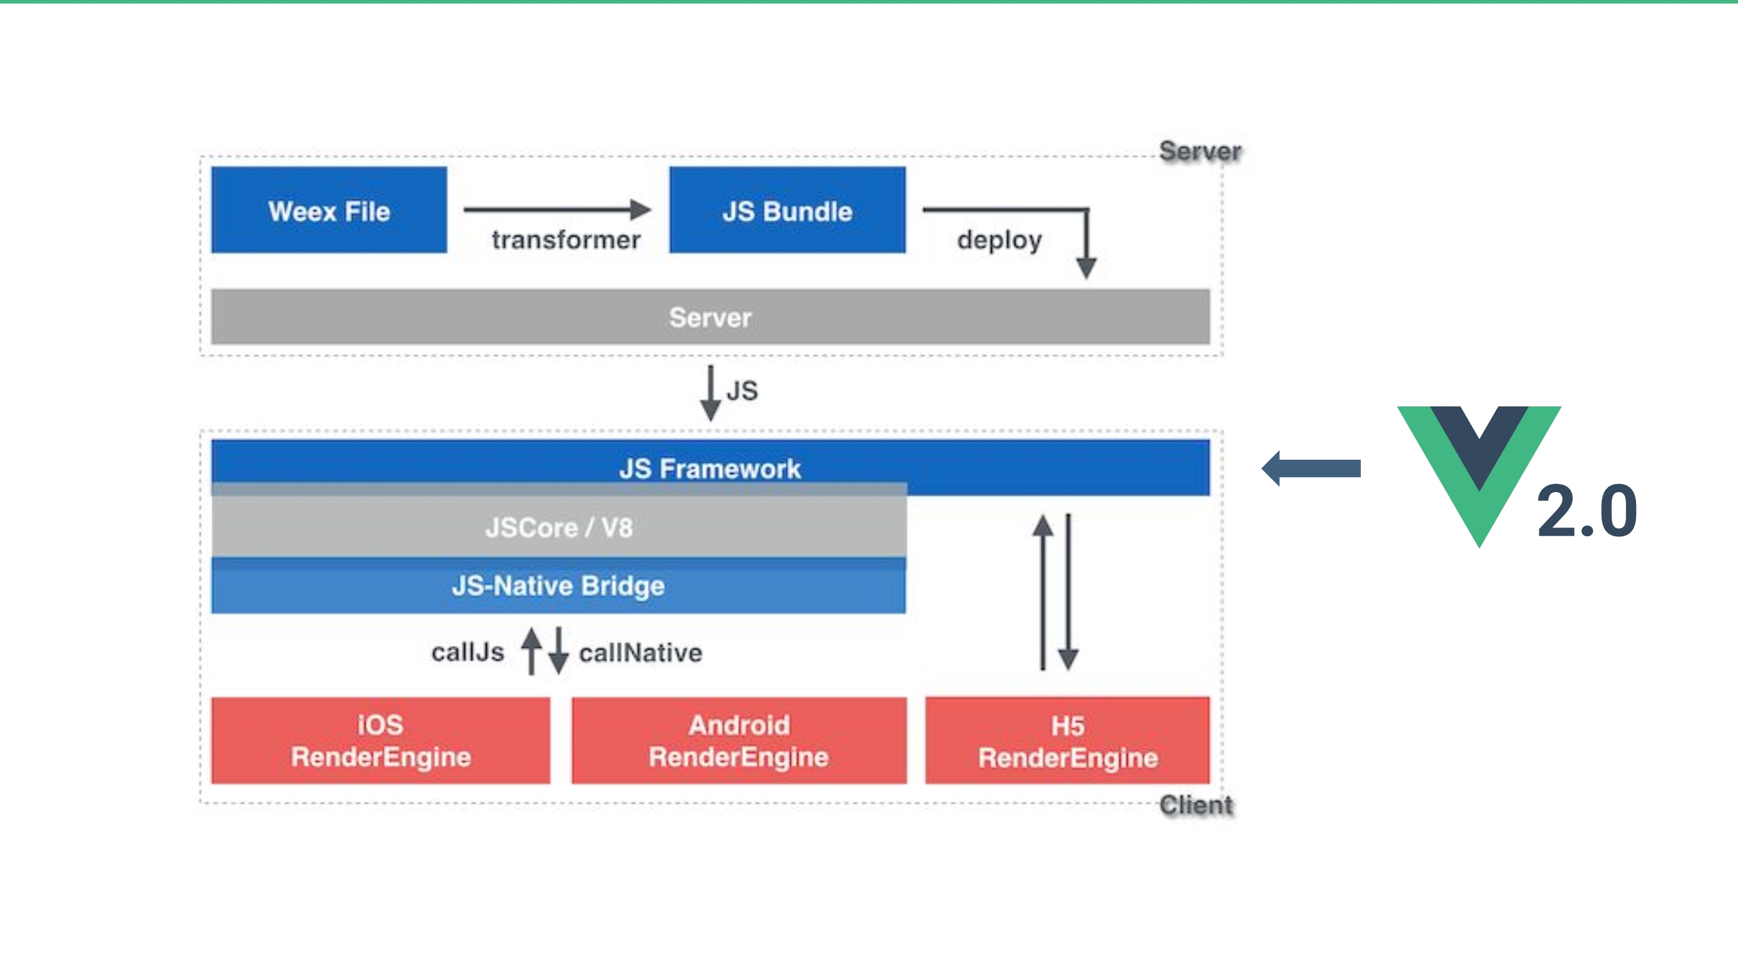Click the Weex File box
coord(328,210)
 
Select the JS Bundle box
coord(787,210)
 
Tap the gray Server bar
coord(710,317)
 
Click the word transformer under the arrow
coord(566,239)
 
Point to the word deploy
coord(999,240)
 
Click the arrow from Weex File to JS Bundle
coord(557,209)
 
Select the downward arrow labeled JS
coord(710,393)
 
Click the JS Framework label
coord(710,468)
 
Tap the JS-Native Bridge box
coord(558,585)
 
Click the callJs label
coord(468,652)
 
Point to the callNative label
coord(641,653)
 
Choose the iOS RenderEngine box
coord(381,740)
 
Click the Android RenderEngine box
coord(739,740)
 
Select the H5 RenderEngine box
coord(1067,740)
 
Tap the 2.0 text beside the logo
coord(1587,511)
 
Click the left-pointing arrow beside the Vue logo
coord(1311,468)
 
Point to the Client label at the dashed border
coord(1196,805)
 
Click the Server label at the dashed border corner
coord(1200,151)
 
